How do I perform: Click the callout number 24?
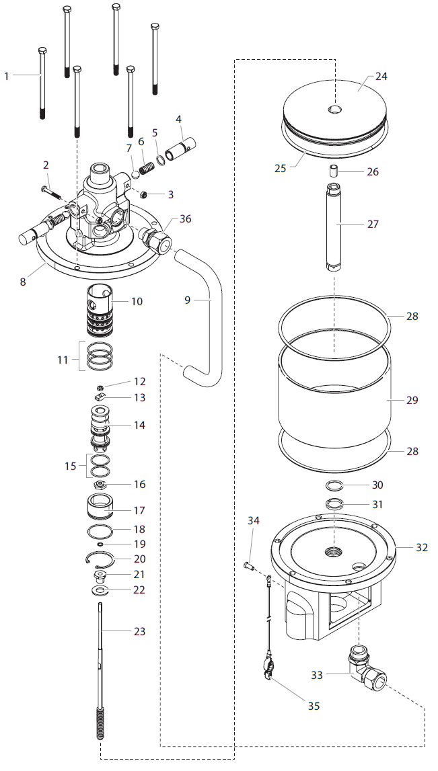[381, 76]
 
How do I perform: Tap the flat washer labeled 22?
[100, 590]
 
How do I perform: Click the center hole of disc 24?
[334, 109]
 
